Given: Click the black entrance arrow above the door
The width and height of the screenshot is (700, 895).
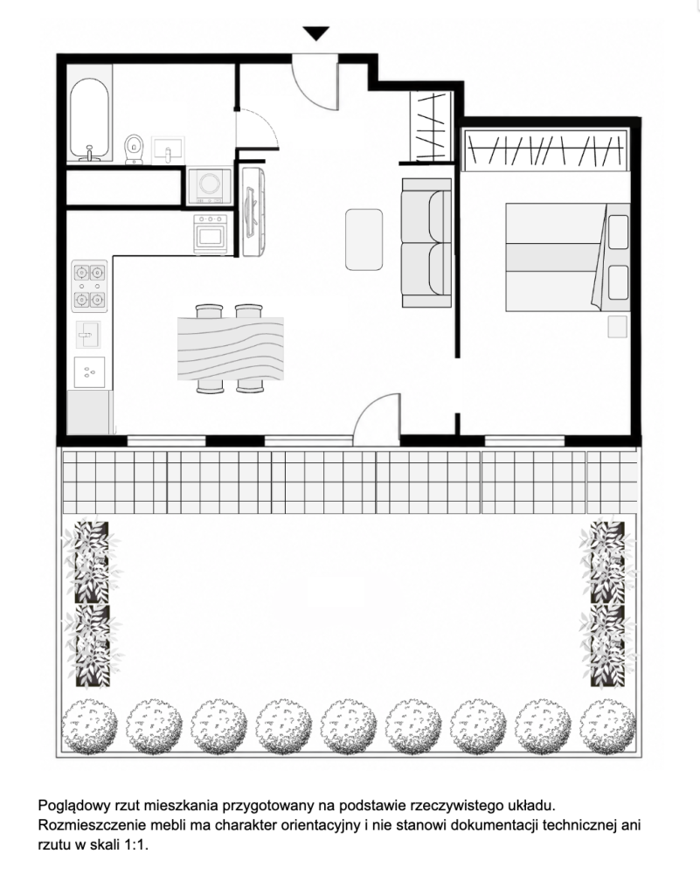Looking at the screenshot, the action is (315, 33).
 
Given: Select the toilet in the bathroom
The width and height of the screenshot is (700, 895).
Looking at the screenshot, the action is (134, 149).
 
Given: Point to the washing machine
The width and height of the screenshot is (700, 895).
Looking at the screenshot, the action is (210, 185).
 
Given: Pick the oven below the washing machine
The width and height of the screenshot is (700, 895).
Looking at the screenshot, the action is (210, 232).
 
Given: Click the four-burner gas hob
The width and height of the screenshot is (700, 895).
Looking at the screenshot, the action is (89, 286).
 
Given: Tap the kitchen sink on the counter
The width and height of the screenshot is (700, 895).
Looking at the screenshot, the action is (88, 335).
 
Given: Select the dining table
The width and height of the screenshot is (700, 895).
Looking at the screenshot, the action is (231, 348).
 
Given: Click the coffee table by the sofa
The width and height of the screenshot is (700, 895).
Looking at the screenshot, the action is (364, 239).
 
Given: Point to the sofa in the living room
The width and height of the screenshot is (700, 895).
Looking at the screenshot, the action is (426, 243).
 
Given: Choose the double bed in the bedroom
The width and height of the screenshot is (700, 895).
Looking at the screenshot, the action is (568, 257).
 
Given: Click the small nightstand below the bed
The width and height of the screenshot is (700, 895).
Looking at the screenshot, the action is (617, 327).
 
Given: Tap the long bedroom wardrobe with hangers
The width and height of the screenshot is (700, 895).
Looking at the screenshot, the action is (545, 150).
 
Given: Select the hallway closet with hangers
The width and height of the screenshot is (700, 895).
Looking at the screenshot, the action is (432, 126).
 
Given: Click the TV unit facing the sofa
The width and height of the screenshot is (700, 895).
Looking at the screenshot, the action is (253, 212).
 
